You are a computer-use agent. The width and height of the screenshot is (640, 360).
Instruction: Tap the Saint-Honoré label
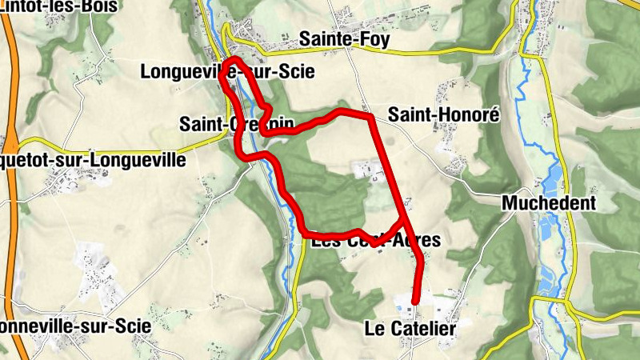point(443,115)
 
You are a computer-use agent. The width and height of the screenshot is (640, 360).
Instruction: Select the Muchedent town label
point(549,203)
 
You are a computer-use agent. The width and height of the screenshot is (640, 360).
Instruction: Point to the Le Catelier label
point(410,329)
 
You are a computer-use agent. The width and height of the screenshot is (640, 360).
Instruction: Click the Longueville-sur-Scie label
point(226,72)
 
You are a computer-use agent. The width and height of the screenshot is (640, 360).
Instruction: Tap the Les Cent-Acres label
point(376,240)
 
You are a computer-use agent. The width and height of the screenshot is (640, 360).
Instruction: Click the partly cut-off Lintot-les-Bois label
point(58,6)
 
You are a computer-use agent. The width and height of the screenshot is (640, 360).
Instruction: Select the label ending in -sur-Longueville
point(92,161)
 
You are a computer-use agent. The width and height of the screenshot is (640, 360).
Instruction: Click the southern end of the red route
point(415,301)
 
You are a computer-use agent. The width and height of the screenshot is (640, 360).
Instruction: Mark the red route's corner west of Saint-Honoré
point(370,118)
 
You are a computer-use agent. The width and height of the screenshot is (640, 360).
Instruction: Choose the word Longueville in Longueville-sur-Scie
point(181,72)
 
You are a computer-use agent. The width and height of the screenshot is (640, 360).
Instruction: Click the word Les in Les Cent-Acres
point(325,240)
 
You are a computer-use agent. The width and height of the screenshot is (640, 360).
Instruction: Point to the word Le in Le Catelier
point(374,329)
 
